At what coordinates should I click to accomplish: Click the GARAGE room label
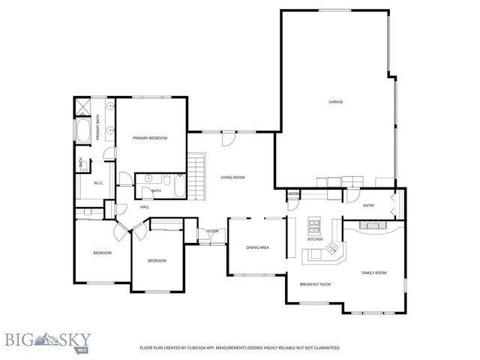(x=335, y=102)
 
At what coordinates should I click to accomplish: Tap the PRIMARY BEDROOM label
(x=150, y=138)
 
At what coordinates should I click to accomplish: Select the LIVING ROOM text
(x=232, y=178)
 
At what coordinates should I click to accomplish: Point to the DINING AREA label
(x=257, y=247)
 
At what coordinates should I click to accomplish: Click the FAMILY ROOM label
(x=374, y=272)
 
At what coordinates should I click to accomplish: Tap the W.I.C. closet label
(x=98, y=183)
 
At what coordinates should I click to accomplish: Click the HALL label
(x=145, y=207)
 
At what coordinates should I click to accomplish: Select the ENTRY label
(x=368, y=205)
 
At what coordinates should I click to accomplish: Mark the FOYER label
(x=213, y=231)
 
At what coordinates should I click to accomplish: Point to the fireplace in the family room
(x=372, y=224)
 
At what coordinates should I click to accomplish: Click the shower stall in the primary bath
(x=83, y=106)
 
